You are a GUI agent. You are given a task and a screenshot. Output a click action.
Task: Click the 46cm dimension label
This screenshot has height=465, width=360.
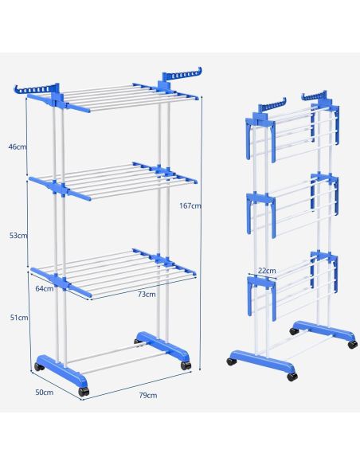coord(18,147)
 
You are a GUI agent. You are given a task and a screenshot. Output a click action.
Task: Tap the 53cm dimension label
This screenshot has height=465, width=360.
coord(18,236)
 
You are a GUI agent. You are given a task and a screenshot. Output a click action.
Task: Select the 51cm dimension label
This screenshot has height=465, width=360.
coord(19,318)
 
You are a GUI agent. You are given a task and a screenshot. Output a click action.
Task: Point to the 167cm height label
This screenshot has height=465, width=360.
coord(190,205)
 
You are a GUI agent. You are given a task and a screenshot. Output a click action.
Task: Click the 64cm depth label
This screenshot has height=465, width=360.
coord(45,288)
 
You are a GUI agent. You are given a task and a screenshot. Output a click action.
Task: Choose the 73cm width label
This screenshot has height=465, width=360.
coord(147,294)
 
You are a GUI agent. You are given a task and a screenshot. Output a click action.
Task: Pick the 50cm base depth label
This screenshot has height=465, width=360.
coord(45,392)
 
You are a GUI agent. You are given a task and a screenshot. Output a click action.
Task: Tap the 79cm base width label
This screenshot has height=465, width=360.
coord(148,395)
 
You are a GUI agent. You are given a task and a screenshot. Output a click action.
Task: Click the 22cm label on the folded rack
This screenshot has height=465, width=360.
coord(267,271)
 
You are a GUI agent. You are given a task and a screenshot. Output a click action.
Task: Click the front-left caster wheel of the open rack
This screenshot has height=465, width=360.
coord(84,392)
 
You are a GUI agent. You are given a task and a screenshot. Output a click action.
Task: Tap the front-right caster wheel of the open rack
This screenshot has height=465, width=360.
coord(186,365)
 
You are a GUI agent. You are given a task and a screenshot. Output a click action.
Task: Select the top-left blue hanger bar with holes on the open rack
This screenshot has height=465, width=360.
coord(36,89)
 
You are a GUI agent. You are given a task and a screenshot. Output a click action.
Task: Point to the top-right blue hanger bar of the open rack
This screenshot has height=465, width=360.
coord(182,76)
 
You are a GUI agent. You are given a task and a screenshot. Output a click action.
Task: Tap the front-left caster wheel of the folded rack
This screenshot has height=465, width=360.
coord(231,361)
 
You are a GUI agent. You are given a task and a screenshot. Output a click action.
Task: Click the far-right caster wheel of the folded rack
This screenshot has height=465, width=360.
coord(353,344)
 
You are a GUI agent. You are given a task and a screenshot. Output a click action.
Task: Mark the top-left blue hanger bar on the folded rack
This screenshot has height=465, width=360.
coord(272,106)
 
